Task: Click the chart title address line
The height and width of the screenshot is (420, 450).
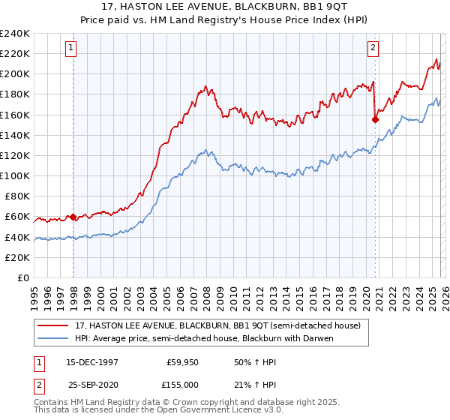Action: [225, 7]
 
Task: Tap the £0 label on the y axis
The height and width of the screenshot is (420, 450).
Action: [24, 277]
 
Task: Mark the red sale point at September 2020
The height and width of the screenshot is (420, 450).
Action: [376, 118]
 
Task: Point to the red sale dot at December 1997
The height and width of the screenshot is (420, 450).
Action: [73, 217]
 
